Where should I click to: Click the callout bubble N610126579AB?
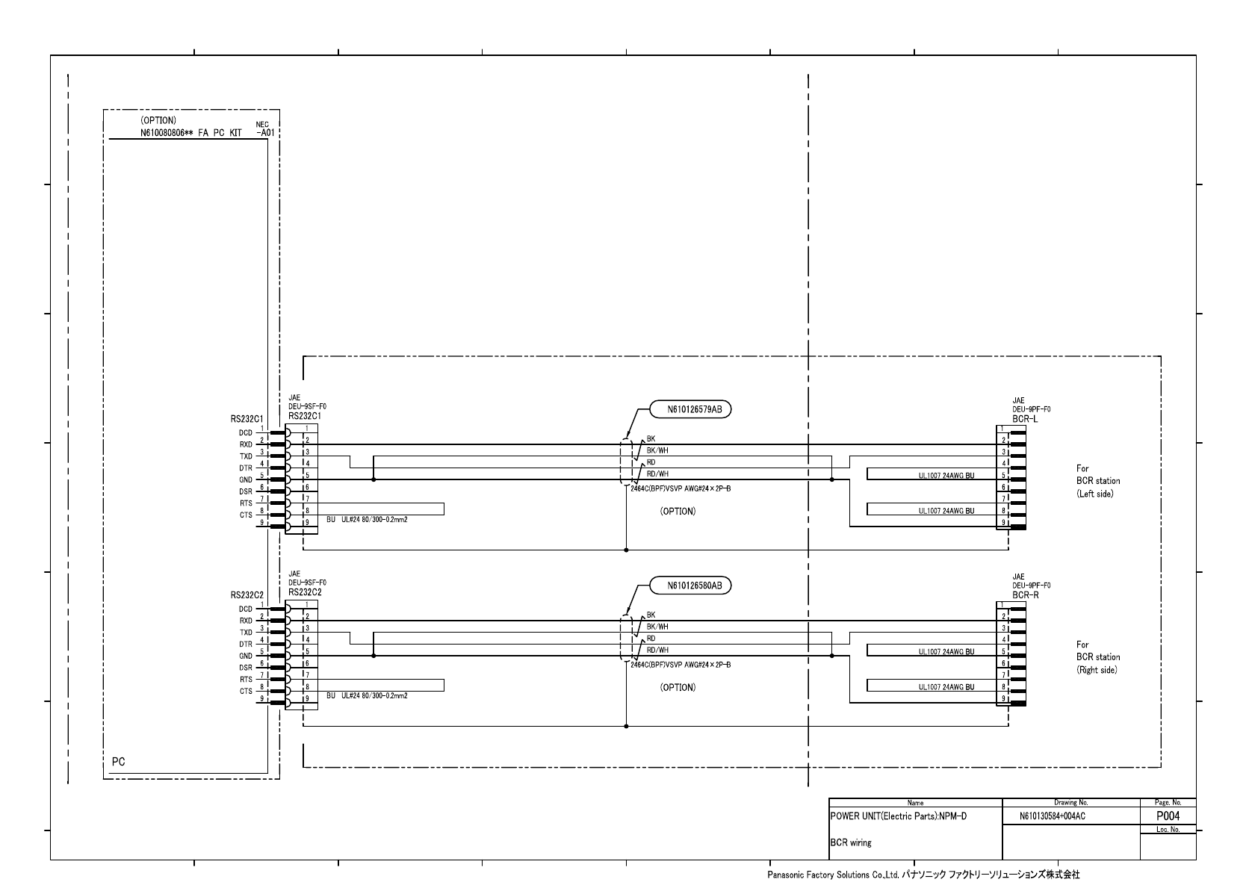[689, 409]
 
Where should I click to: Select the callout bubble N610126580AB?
[689, 586]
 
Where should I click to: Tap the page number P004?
[1168, 816]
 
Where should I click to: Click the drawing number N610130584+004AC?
[1052, 817]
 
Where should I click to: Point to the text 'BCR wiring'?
[851, 842]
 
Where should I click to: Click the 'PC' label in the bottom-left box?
[118, 762]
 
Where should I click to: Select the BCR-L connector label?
[1025, 420]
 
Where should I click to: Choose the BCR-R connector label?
[1025, 596]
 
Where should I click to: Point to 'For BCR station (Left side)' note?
[1097, 482]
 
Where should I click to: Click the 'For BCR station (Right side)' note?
[1097, 657]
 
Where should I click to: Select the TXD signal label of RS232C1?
[246, 456]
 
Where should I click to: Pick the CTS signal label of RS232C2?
[246, 692]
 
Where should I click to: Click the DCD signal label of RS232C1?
[246, 432]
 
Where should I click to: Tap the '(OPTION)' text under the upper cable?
[678, 512]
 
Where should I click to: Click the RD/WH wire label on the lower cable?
[657, 650]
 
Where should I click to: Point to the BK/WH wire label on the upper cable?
[657, 450]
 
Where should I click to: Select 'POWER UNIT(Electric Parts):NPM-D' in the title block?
[898, 816]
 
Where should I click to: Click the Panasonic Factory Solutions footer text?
[923, 874]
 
